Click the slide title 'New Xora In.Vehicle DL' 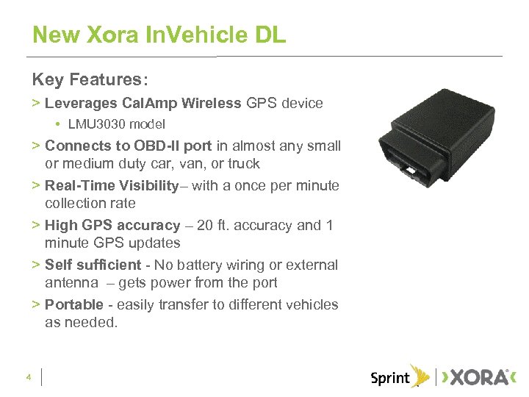coord(159,35)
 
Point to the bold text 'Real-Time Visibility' coord(112,185)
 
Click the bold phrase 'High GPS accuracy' coord(112,225)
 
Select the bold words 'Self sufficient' coord(93,265)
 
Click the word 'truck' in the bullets coord(242,163)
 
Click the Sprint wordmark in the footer coord(390,378)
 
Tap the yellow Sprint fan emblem coord(420,376)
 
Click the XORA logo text coord(478,378)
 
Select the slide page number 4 coord(28,378)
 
